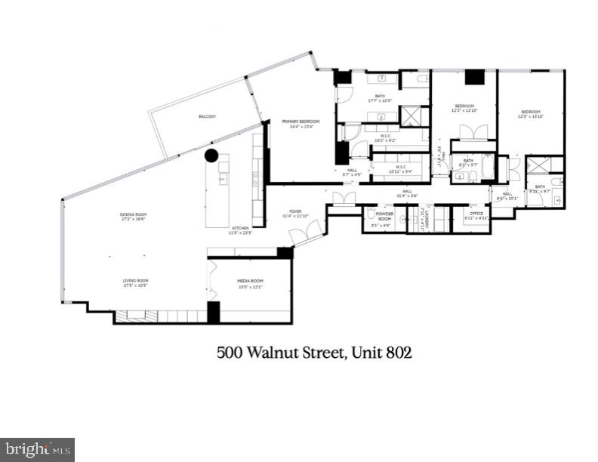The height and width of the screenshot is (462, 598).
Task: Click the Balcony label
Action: pos(207,116)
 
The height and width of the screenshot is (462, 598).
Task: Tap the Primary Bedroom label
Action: pos(301,122)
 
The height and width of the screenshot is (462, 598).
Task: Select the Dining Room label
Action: pos(132,215)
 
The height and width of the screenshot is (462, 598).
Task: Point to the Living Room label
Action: pos(136,282)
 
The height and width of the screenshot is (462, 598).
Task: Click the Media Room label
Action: pos(249,284)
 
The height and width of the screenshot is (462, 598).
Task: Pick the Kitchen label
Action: pos(240,229)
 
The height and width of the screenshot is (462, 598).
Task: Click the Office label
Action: pos(476,214)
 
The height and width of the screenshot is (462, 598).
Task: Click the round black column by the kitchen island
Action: pos(211,156)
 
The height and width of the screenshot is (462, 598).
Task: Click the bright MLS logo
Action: pos(37,449)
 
